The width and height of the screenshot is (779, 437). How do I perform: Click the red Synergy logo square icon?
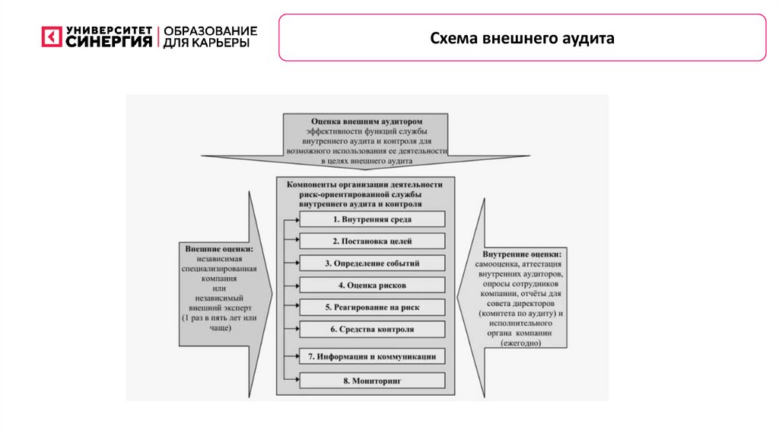click(51, 37)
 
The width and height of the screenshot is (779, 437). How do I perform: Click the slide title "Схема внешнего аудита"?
click(522, 38)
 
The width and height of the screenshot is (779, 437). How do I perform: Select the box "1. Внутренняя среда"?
click(372, 219)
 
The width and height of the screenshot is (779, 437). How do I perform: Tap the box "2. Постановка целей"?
click(372, 241)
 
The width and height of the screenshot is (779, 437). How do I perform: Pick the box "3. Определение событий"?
click(372, 263)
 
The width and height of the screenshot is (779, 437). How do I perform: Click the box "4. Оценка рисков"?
click(372, 285)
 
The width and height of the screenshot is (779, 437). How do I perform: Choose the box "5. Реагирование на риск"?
click(372, 308)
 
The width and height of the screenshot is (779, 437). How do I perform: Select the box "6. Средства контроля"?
click(372, 330)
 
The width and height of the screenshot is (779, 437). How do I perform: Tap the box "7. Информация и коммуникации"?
click(372, 356)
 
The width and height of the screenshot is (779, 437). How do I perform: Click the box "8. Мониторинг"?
click(372, 378)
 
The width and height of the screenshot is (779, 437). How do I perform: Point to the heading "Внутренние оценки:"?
click(521, 254)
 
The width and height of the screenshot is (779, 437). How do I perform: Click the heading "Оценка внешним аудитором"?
click(367, 121)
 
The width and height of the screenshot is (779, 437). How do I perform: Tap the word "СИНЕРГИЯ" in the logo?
click(109, 42)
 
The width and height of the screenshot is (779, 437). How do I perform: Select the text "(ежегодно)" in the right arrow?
click(521, 343)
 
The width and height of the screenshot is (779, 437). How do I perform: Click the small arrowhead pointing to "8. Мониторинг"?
click(295, 378)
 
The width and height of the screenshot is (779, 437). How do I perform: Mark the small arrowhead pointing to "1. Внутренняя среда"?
click(295, 219)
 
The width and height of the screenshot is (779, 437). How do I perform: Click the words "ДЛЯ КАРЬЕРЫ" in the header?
click(205, 43)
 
